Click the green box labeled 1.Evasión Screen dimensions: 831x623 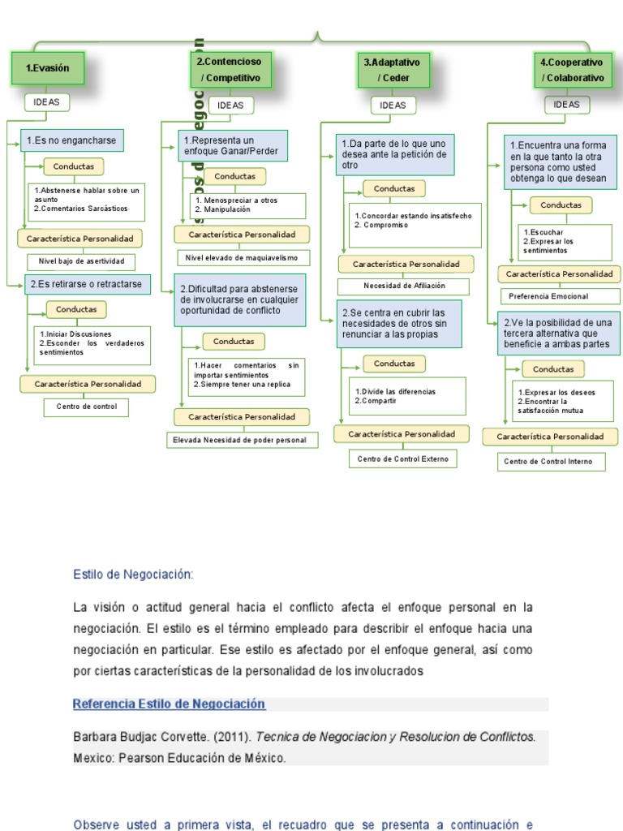click(x=47, y=68)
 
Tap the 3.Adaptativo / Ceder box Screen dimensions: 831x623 click(x=393, y=70)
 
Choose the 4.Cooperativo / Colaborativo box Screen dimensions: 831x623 click(x=573, y=70)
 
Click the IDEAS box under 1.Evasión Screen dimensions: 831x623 click(x=46, y=102)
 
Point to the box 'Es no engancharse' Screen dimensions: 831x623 click(x=71, y=140)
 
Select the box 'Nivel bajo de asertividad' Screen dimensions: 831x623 click(x=81, y=261)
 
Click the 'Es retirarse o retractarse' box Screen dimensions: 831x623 click(x=85, y=284)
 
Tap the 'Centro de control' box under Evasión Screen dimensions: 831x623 click(x=86, y=407)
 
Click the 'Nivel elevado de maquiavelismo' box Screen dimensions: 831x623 click(x=243, y=257)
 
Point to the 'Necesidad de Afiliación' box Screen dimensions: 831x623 click(x=403, y=286)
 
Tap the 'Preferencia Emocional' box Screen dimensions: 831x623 click(x=560, y=296)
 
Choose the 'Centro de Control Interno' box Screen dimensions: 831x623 click(x=554, y=462)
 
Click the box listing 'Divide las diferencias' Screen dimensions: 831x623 click(x=407, y=396)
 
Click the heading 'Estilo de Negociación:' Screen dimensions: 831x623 click(x=134, y=575)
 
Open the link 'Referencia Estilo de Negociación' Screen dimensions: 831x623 click(x=169, y=704)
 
